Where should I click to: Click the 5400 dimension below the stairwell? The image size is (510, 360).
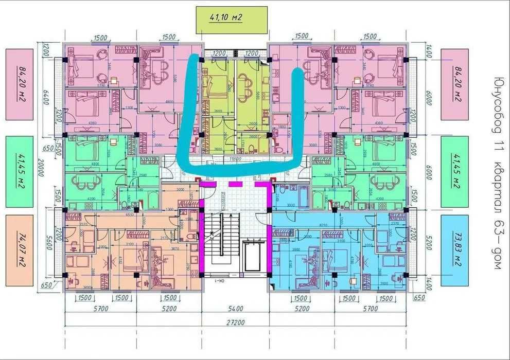click(x=234, y=309)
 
